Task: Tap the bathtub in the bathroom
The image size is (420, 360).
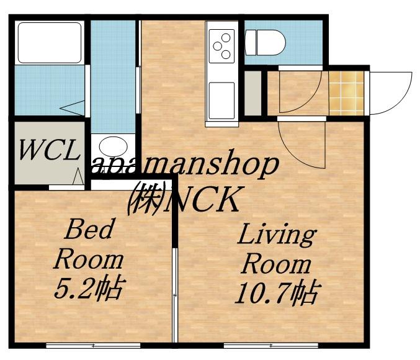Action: [x=50, y=43]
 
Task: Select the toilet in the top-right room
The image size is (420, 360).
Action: [x=265, y=43]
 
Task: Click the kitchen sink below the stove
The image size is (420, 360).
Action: [x=221, y=101]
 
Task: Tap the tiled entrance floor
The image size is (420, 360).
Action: [x=346, y=93]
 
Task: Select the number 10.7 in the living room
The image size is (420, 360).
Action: [x=262, y=293]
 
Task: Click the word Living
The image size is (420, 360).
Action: [x=277, y=236]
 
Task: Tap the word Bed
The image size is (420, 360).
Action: [x=88, y=228]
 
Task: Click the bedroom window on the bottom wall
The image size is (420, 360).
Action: [x=93, y=346]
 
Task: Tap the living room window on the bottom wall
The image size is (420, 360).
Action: [x=271, y=346]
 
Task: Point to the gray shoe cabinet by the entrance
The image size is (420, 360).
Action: [x=253, y=93]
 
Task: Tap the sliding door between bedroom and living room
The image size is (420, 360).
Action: [x=175, y=295]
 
